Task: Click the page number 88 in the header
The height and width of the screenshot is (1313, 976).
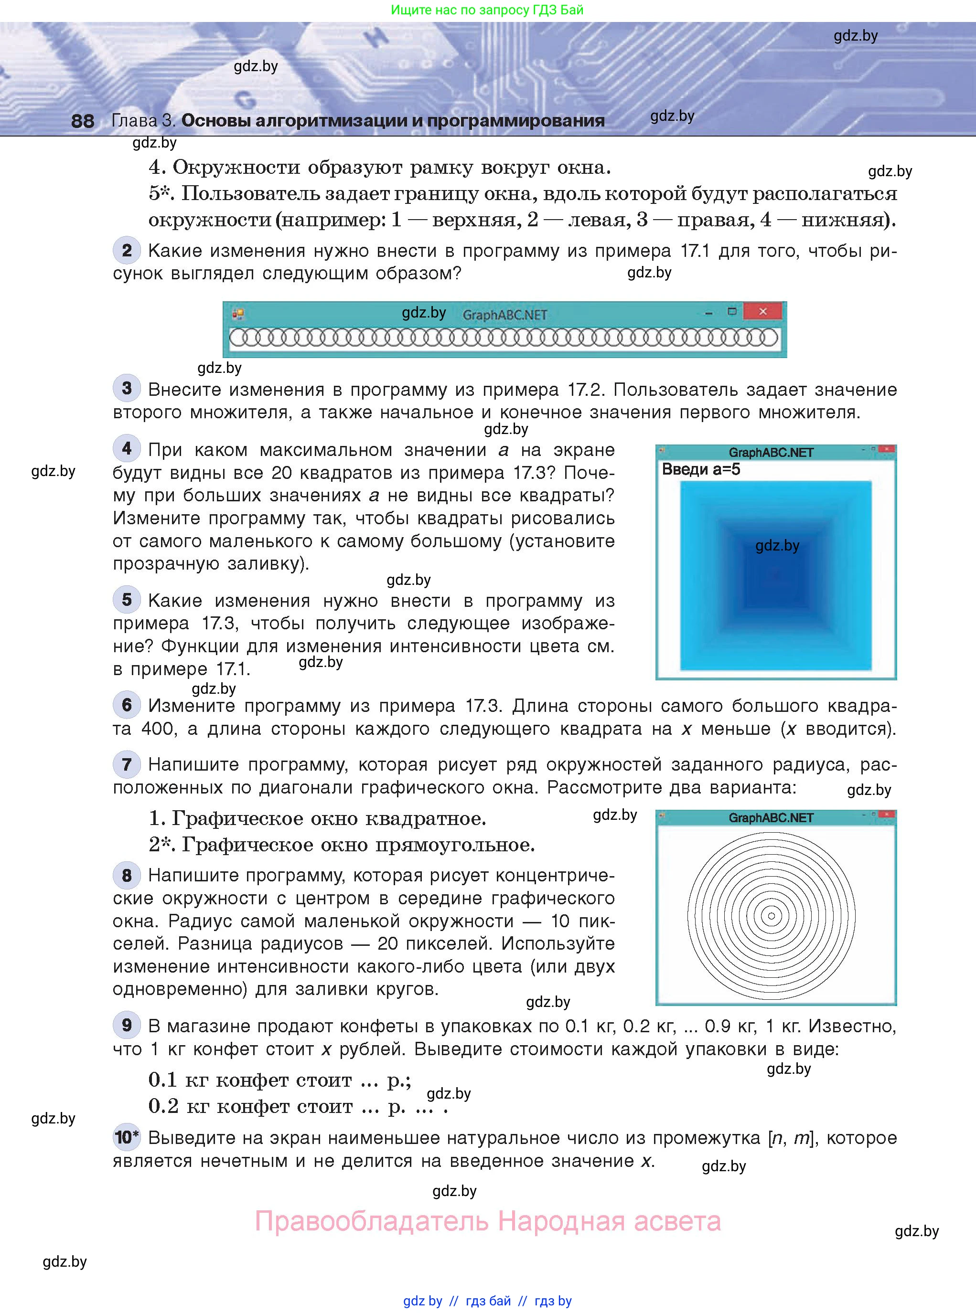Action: (82, 121)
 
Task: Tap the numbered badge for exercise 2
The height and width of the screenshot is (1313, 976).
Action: (127, 250)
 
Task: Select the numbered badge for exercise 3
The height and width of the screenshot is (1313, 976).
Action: (127, 389)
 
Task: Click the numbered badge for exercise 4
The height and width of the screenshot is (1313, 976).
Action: (127, 449)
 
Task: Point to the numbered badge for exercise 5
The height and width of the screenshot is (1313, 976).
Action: (127, 600)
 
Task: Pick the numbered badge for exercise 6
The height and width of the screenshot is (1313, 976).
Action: (127, 704)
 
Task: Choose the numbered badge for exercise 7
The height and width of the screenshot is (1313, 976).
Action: (127, 764)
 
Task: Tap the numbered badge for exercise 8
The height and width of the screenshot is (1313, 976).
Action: (127, 875)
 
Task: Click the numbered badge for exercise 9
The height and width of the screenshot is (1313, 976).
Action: (127, 1025)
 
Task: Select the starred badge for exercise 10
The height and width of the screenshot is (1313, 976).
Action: (127, 1137)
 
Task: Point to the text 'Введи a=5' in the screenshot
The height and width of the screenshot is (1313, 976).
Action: (701, 469)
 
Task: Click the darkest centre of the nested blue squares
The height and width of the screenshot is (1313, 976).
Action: (776, 576)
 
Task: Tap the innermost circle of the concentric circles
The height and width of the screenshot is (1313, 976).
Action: (771, 916)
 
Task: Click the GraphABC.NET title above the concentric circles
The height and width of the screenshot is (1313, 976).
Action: (771, 818)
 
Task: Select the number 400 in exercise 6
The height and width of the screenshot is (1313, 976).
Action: (158, 729)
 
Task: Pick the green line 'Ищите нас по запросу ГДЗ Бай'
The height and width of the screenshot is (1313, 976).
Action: (487, 10)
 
